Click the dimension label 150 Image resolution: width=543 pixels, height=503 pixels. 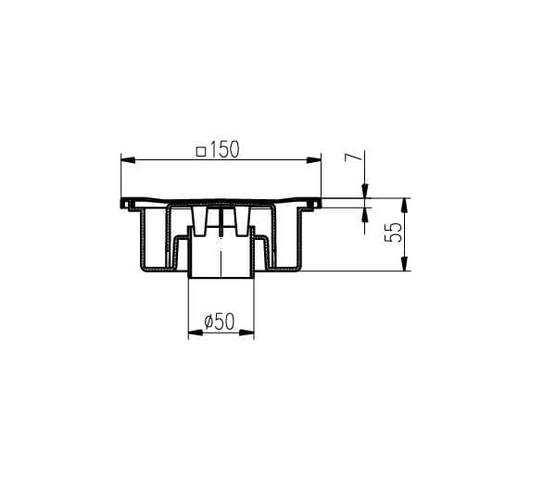[x=224, y=150]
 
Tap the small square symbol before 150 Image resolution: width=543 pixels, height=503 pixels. [x=201, y=152]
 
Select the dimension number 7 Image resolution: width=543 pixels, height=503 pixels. [x=354, y=157]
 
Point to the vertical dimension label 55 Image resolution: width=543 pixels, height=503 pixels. [x=394, y=233]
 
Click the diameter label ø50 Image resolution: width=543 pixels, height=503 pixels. [x=220, y=321]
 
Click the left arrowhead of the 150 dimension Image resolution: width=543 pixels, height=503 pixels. [x=128, y=159]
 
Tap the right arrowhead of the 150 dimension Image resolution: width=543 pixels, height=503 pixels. [x=314, y=159]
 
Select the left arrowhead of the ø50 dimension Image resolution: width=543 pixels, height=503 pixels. [x=195, y=333]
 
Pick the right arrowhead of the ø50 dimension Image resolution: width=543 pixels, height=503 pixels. [x=247, y=333]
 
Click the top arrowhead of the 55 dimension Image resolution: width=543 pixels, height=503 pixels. [x=404, y=205]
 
